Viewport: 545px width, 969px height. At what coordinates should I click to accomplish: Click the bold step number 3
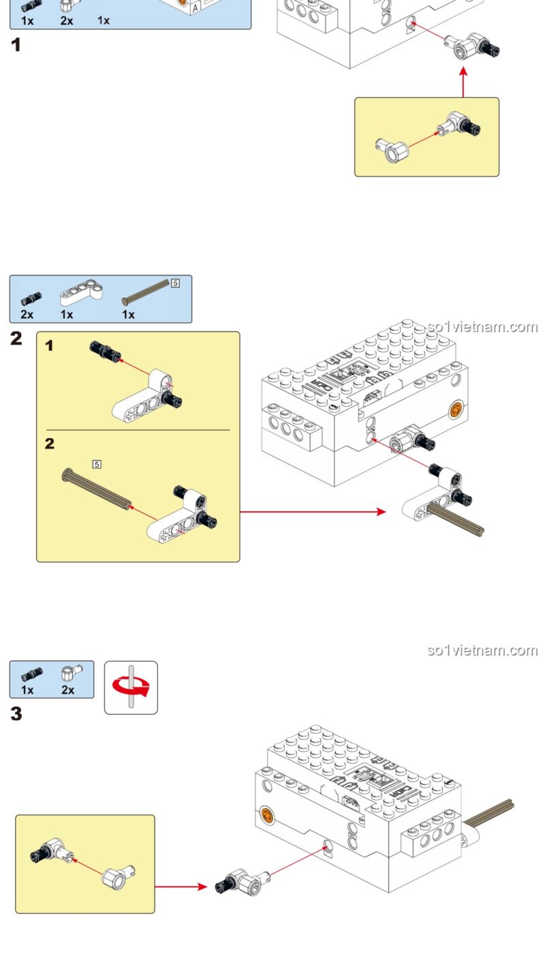16,714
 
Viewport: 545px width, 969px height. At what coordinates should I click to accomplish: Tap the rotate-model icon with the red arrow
131,687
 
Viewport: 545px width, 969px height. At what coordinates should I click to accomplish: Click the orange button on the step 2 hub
456,410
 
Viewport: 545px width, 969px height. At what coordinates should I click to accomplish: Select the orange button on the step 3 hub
267,815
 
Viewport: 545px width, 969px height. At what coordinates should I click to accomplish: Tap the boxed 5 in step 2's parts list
175,283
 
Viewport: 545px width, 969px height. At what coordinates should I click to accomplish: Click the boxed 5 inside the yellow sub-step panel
97,464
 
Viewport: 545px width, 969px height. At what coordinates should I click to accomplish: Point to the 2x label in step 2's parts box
27,315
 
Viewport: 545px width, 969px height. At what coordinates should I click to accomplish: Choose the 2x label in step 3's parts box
67,690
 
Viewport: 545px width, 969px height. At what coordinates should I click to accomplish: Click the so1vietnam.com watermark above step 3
482,650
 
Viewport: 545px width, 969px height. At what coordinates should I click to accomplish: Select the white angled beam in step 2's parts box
81,293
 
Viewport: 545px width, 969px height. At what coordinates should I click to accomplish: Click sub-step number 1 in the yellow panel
49,346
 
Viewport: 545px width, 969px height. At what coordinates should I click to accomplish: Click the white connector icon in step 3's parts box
68,673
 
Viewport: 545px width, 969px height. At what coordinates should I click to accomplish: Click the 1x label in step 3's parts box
27,690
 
